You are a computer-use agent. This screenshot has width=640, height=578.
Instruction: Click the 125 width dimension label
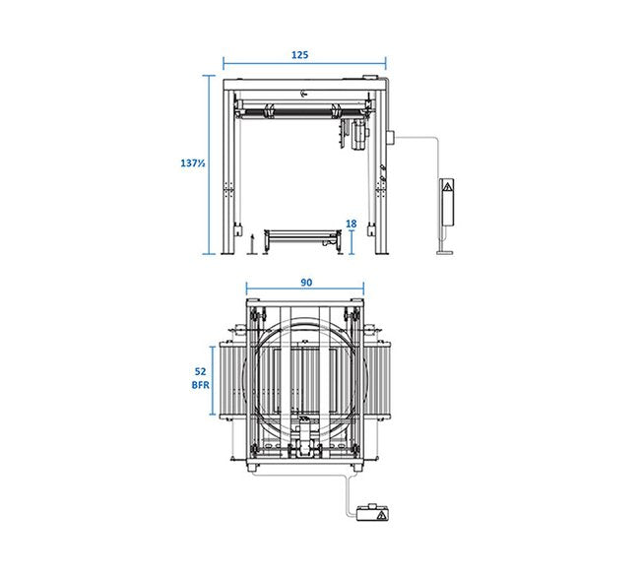tap(299, 55)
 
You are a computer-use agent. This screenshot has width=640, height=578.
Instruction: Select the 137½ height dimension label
tap(193, 163)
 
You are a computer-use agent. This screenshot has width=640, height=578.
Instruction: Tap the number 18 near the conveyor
tap(352, 224)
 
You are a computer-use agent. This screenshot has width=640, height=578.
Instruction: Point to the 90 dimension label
tap(306, 283)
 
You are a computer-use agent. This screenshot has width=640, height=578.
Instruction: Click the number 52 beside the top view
tap(201, 371)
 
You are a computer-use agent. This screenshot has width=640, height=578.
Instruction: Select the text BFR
tap(201, 385)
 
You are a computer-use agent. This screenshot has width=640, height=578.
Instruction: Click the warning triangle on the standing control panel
tap(448, 187)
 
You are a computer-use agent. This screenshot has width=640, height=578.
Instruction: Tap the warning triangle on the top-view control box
tap(382, 515)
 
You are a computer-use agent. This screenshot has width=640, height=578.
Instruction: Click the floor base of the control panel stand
tap(444, 253)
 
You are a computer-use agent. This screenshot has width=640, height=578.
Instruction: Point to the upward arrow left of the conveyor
tap(252, 244)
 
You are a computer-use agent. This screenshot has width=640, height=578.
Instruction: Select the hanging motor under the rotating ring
tap(358, 135)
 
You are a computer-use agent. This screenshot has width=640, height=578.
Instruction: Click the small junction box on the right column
tap(390, 137)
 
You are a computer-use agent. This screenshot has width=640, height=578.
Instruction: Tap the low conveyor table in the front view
tap(303, 241)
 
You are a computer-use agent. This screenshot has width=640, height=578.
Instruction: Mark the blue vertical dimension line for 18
tap(352, 242)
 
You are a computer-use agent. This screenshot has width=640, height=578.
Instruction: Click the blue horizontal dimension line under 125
tap(304, 64)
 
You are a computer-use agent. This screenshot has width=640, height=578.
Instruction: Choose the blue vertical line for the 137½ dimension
tap(209, 164)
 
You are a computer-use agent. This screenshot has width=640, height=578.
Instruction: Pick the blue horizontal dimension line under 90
tap(305, 289)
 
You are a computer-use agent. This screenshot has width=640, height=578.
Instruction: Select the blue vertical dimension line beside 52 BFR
tap(213, 380)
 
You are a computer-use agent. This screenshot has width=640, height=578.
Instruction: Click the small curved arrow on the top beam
tap(303, 94)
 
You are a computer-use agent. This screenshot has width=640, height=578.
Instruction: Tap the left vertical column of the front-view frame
tap(228, 171)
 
